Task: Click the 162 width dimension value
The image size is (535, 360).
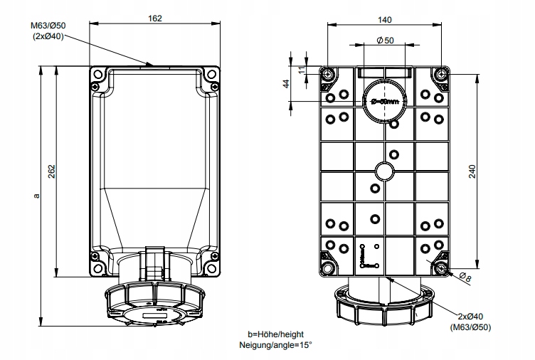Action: [x=155, y=18]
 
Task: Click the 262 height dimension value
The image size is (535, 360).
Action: [x=53, y=171]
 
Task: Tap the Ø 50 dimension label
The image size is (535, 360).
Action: [x=384, y=41]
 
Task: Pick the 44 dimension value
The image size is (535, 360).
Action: [x=286, y=83]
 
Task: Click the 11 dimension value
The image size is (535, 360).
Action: [x=302, y=69]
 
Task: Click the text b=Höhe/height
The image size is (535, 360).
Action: [x=275, y=334]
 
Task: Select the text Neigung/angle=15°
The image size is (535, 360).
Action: [x=276, y=345]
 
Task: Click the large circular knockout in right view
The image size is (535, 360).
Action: [x=384, y=102]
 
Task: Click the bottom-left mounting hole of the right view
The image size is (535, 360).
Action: [x=328, y=268]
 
